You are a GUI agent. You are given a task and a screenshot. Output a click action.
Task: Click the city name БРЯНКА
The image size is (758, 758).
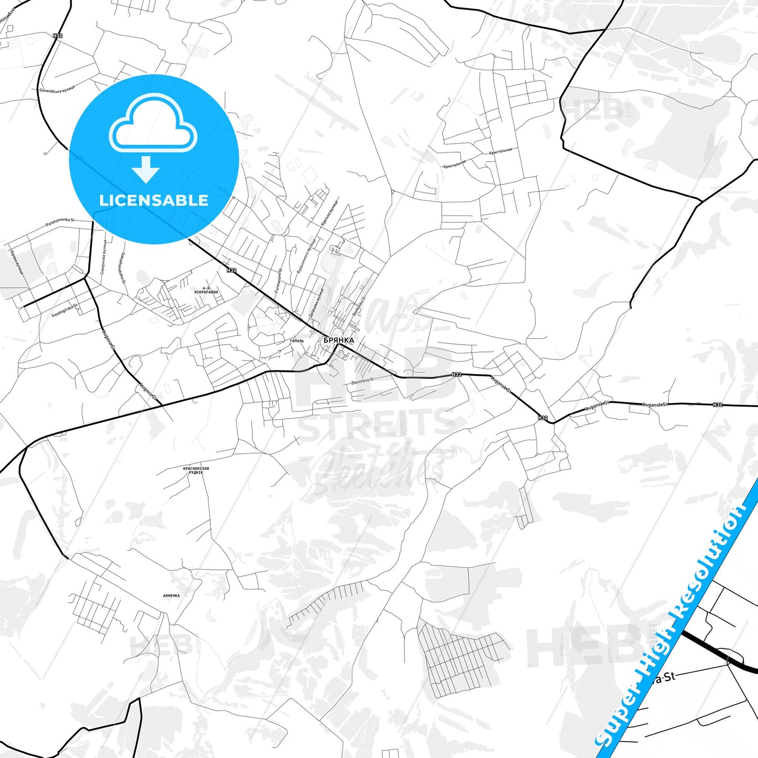click(338, 340)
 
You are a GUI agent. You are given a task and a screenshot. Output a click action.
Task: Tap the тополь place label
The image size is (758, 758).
click(296, 341)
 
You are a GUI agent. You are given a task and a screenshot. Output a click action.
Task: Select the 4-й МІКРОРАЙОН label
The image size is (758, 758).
click(206, 290)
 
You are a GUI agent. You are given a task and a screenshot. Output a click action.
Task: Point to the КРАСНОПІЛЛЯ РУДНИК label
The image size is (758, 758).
click(196, 470)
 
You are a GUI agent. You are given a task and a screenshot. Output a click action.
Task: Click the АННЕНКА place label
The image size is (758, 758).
click(171, 595)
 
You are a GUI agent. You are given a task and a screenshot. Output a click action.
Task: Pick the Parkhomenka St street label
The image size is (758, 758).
click(60, 223)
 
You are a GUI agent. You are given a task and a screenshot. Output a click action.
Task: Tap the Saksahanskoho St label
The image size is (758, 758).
click(123, 268)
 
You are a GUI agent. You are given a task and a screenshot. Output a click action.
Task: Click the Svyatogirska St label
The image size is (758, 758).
click(65, 310)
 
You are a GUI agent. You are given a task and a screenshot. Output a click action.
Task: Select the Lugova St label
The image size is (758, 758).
click(148, 393)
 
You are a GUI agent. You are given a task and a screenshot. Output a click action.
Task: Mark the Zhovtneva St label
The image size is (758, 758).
click(362, 381)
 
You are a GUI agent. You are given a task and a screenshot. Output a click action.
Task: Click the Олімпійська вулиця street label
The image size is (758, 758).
click(57, 88)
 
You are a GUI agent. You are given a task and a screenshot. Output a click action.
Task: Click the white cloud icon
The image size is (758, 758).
click(153, 124)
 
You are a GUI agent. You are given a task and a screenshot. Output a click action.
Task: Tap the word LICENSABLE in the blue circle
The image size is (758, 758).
click(154, 200)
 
